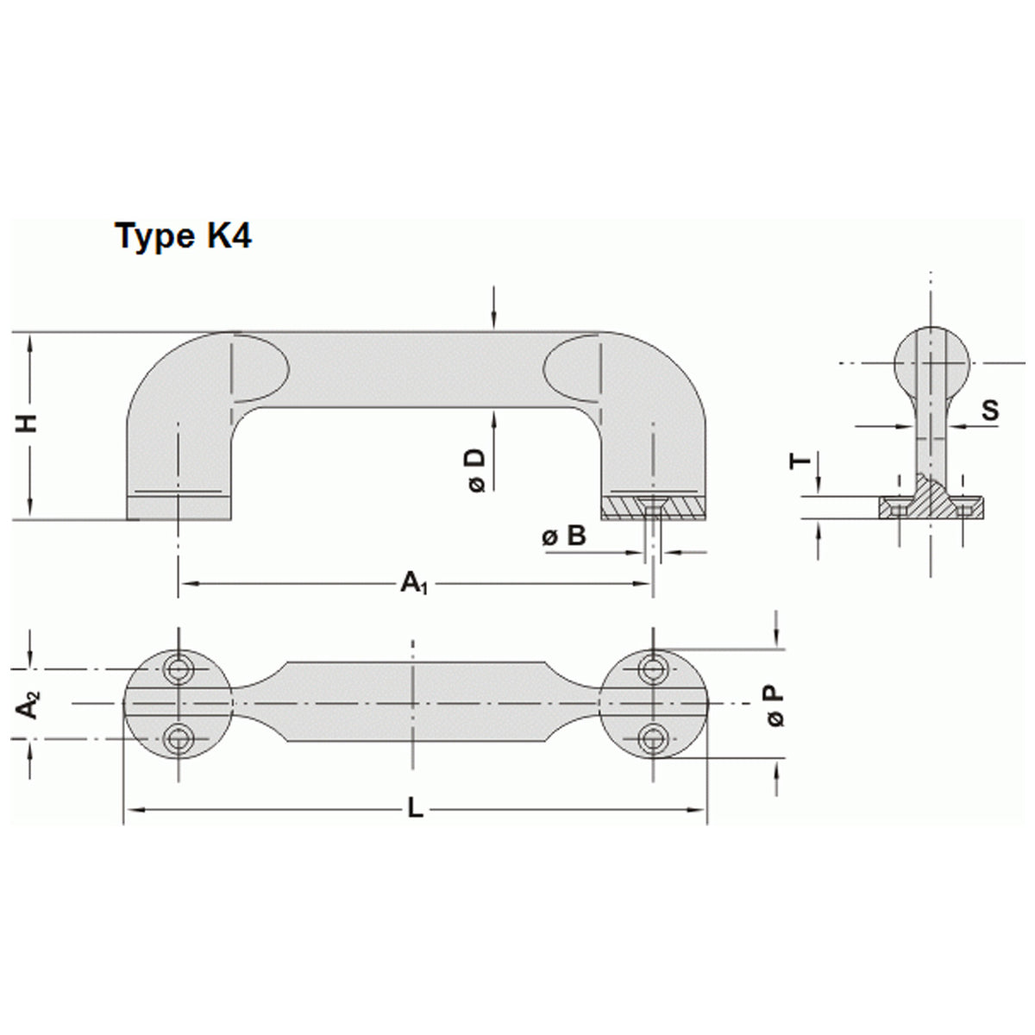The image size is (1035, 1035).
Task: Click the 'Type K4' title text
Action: [x=184, y=235]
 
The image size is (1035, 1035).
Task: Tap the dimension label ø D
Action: [x=476, y=470]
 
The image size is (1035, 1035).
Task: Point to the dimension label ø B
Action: [x=564, y=536]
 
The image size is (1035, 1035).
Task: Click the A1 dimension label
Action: [x=414, y=585]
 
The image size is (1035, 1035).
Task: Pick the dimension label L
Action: [x=415, y=809]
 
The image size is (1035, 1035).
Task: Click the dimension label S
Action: [x=990, y=411]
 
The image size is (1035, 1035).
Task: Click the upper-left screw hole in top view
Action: [x=179, y=668]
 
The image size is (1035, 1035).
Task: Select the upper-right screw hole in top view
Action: [x=654, y=667]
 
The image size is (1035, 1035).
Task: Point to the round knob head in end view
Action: [x=931, y=361]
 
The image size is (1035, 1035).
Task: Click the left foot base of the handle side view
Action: [x=179, y=509]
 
